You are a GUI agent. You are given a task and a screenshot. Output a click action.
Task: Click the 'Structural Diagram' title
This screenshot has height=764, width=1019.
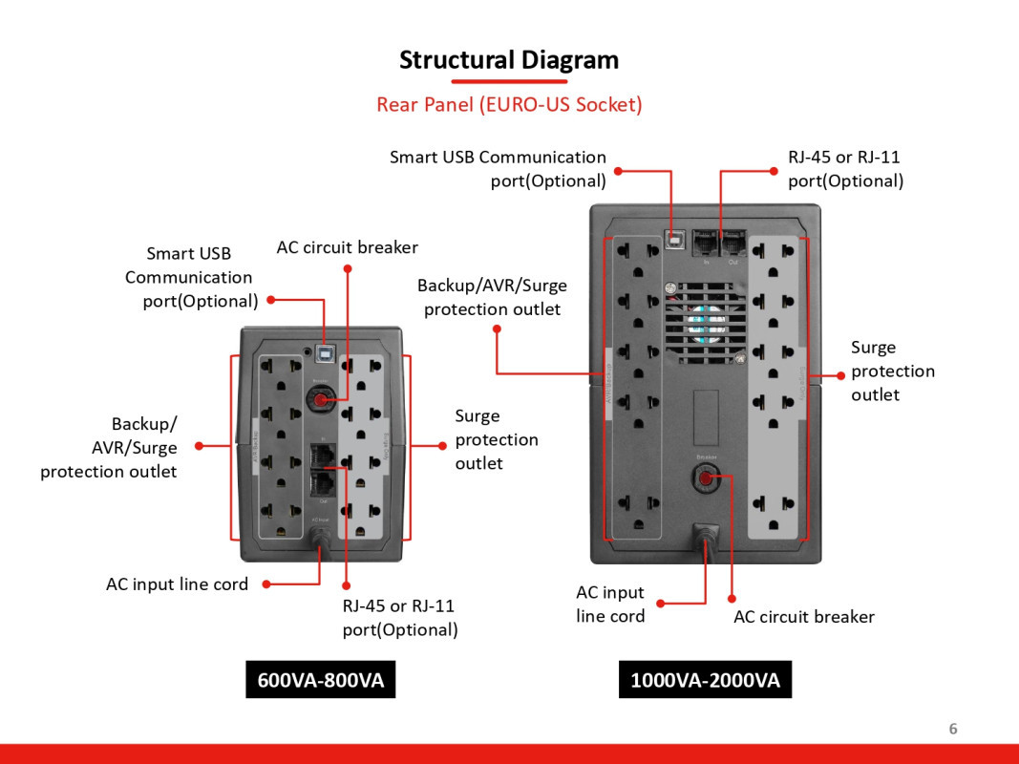tap(509, 60)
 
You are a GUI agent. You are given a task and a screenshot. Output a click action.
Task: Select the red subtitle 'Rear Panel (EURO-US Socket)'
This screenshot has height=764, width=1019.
tap(509, 104)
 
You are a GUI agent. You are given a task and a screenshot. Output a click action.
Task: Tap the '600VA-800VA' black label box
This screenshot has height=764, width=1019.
tap(321, 680)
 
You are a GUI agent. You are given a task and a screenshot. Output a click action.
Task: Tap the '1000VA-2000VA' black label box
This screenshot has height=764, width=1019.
tap(705, 680)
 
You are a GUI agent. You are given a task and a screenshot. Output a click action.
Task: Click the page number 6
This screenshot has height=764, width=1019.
tap(952, 729)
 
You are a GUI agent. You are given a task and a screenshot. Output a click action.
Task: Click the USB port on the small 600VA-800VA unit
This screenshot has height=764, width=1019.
tap(325, 352)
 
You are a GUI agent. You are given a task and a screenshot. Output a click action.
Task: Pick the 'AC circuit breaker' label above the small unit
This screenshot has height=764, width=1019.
tap(348, 247)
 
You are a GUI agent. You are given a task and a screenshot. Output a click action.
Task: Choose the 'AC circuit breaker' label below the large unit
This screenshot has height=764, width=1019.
tap(804, 617)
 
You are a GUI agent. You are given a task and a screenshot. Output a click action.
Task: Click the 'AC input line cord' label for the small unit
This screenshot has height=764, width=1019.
tap(177, 584)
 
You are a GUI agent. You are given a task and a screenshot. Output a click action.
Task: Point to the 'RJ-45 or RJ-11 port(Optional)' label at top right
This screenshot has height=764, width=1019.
tap(845, 169)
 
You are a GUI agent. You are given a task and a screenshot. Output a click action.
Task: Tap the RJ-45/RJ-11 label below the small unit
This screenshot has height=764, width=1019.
tap(400, 617)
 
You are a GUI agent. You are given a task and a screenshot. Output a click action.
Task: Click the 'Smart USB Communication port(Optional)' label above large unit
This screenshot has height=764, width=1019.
tap(498, 169)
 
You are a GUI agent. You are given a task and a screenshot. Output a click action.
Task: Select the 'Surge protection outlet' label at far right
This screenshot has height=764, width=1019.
tap(892, 371)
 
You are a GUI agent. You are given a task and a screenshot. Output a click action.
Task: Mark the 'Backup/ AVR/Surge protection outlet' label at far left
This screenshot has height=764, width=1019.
tap(109, 447)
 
